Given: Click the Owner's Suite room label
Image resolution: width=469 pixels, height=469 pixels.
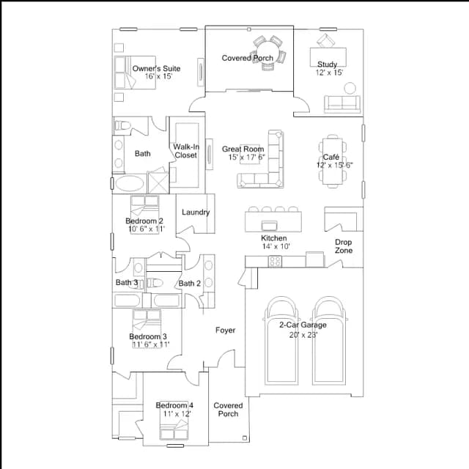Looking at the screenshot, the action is tap(156, 68).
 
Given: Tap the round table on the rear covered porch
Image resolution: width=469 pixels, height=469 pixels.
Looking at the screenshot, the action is tap(268, 52).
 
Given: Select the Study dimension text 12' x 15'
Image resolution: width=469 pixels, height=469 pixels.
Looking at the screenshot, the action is tap(329, 73).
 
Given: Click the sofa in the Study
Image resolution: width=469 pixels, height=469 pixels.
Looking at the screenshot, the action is tap(342, 104).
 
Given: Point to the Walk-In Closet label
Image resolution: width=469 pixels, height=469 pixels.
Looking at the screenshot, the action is tap(186, 151).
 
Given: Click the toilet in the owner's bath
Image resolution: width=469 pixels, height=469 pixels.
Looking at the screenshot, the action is tap(123, 125).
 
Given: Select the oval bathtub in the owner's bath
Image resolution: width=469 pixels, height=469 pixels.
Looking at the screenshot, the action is tap(130, 183).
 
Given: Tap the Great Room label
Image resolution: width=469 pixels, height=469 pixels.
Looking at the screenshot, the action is tap(243, 149).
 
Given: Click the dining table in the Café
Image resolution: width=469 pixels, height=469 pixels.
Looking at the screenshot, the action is tap(333, 161).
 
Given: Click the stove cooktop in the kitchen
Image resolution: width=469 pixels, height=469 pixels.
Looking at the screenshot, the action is tap(275, 262).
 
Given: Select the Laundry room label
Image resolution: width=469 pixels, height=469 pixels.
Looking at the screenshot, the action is tap(196, 212).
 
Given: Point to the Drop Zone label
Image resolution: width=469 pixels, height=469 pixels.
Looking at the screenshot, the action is tap(344, 246).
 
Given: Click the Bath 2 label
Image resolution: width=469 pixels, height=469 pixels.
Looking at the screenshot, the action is tap(189, 284).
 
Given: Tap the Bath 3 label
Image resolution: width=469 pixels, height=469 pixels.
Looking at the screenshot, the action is tap(127, 282).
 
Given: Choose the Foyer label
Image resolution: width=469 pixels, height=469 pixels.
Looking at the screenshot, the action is tap(225, 330).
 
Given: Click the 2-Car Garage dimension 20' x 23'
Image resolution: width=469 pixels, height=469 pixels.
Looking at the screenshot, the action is tap(303, 335).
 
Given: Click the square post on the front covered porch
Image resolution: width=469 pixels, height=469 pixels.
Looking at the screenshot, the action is tap(245, 438).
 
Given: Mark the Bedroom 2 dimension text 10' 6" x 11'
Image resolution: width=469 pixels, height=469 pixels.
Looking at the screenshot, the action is tap(147, 229).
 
